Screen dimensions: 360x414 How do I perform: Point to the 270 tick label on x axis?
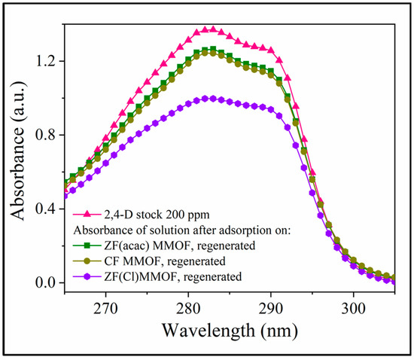coord(106,308)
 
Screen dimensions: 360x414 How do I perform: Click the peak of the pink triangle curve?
coord(212,29)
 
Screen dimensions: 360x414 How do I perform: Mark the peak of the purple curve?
coord(212,98)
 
